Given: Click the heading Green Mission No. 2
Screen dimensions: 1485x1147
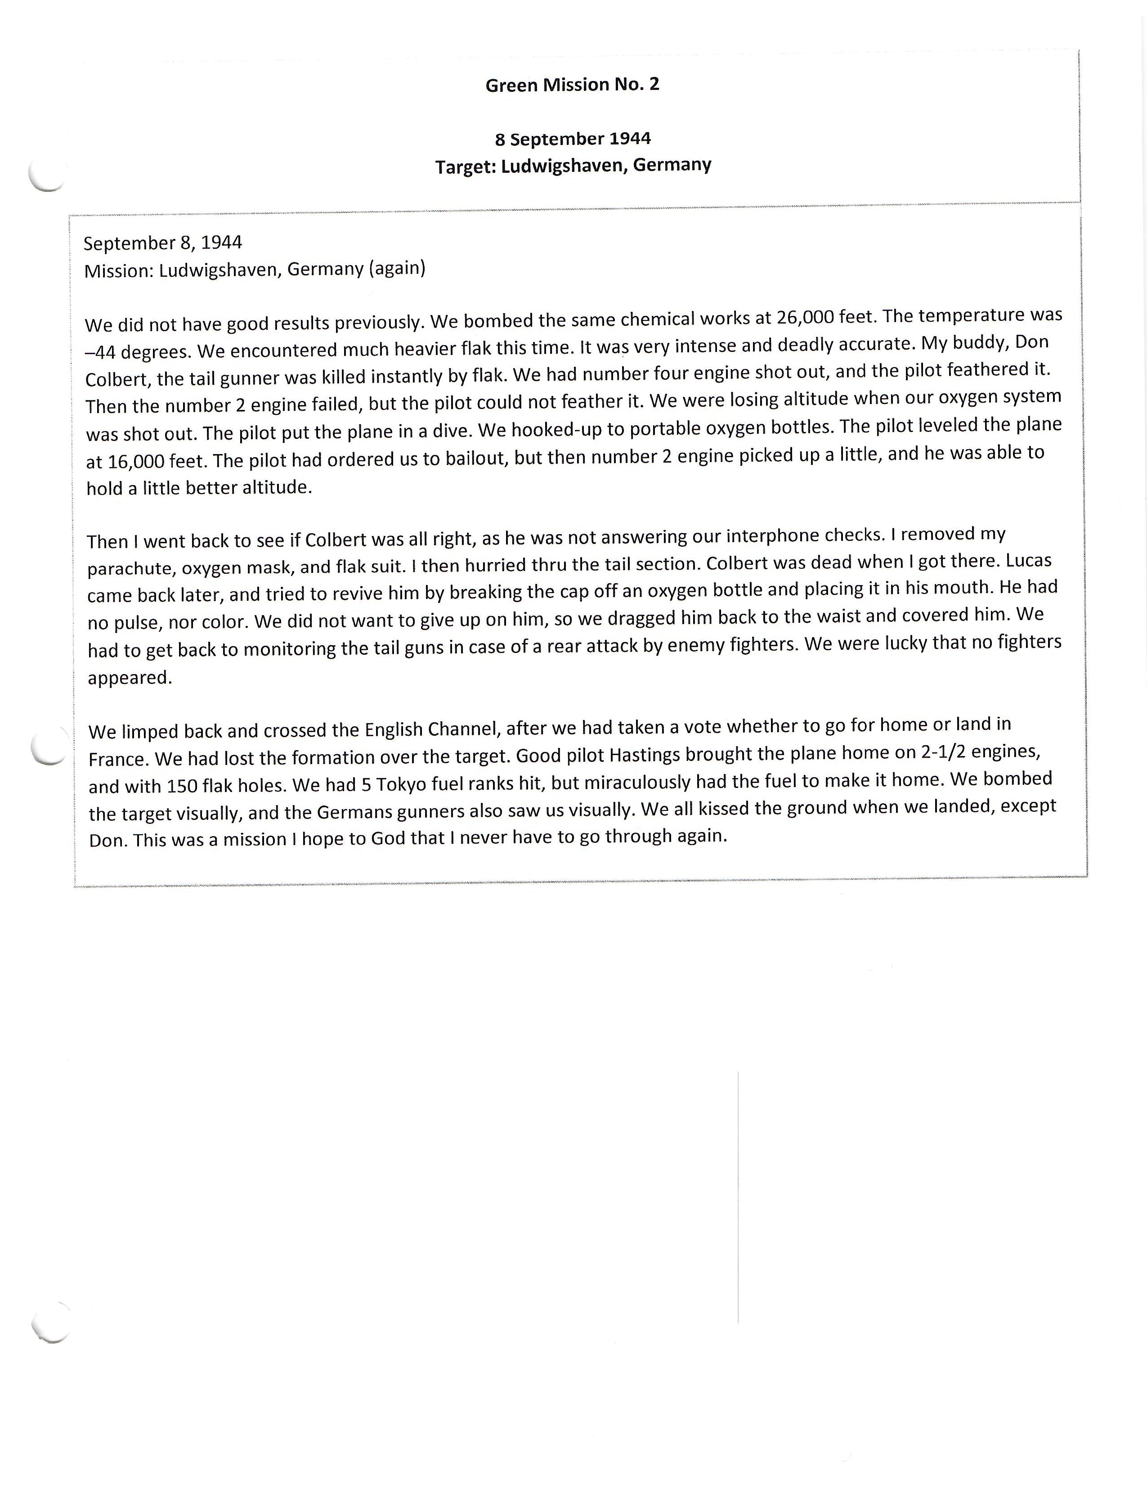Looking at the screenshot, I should (572, 85).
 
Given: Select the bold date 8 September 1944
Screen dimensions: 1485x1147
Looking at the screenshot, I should (572, 139).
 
